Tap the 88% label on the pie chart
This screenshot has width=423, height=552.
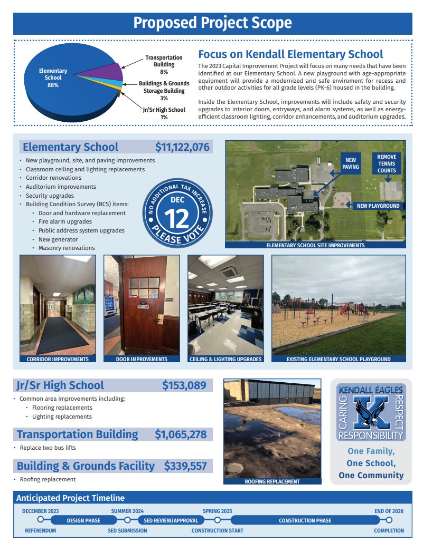click(x=52, y=85)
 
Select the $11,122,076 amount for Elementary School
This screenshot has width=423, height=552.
click(x=182, y=147)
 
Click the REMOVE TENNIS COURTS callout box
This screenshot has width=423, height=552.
click(x=387, y=163)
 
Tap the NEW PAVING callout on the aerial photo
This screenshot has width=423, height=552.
click(x=351, y=163)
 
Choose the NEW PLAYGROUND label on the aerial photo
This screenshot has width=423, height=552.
click(x=378, y=206)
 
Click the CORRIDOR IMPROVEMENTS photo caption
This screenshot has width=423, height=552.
click(x=58, y=359)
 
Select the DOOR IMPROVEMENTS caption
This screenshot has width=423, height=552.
click(x=142, y=359)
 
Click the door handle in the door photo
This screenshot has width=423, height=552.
click(x=158, y=318)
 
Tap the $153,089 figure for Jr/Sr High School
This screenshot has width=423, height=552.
click(x=184, y=385)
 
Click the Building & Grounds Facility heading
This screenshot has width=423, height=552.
click(x=86, y=466)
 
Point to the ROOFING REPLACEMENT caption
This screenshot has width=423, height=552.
click(x=272, y=481)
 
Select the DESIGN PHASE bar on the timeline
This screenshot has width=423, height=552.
click(x=83, y=520)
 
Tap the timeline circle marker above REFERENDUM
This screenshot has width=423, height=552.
click(x=40, y=520)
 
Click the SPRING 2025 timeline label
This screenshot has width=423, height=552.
click(x=217, y=511)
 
